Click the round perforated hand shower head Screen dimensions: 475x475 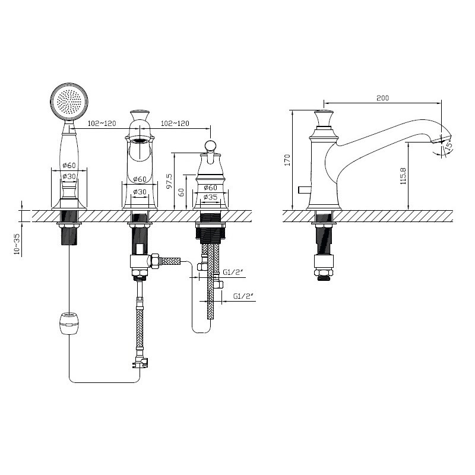point(70,102)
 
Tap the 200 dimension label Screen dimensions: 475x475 point(382,98)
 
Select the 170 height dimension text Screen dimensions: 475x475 point(287,160)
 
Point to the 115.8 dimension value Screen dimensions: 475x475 point(403,176)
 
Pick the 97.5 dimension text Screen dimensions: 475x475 point(169,181)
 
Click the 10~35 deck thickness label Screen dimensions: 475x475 point(17,243)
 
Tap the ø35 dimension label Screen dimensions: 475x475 point(210,197)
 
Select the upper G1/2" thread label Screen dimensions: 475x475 point(233,273)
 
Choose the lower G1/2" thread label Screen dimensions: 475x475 point(243,296)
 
